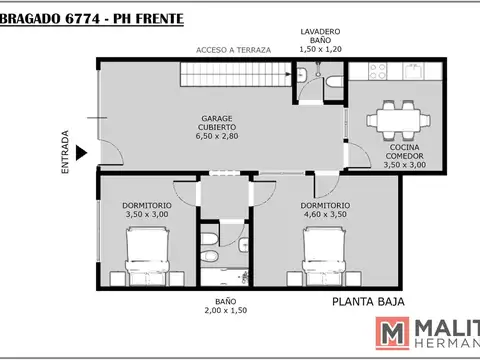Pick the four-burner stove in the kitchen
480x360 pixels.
pos(379,73)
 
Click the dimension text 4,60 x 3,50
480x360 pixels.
pos(325,214)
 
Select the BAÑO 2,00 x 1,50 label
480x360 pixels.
pos(212,306)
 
